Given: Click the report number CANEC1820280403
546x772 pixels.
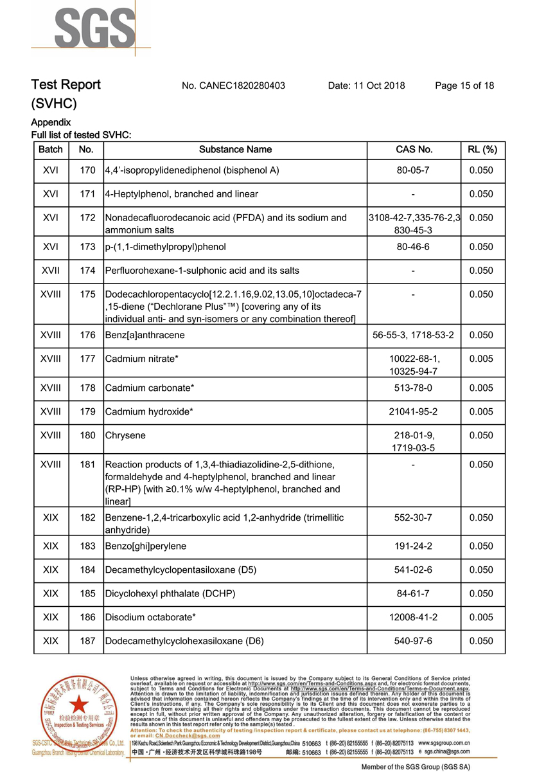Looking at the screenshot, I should click(x=234, y=85).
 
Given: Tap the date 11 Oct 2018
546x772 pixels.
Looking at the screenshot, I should click(x=366, y=85).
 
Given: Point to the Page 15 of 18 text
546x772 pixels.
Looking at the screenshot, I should click(x=464, y=85).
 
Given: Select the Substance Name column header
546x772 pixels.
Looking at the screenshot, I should click(x=235, y=150).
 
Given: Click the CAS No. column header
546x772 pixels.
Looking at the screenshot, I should click(x=414, y=150).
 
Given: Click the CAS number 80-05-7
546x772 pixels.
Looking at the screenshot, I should click(x=413, y=171).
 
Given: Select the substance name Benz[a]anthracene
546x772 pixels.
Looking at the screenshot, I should click(x=145, y=335).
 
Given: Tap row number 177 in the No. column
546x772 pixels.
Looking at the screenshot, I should click(x=87, y=359).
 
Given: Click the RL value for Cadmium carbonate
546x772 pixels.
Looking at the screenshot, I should click(x=481, y=388).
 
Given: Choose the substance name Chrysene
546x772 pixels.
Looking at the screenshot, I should click(x=125, y=436).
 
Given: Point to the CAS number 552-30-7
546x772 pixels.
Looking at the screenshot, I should click(x=413, y=517).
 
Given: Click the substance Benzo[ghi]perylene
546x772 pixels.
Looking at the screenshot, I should click(x=145, y=546).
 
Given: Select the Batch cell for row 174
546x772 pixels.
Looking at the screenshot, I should click(x=51, y=271).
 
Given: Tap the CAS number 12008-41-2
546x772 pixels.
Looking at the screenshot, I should click(x=413, y=617).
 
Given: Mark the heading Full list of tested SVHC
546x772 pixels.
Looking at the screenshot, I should click(x=82, y=135).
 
